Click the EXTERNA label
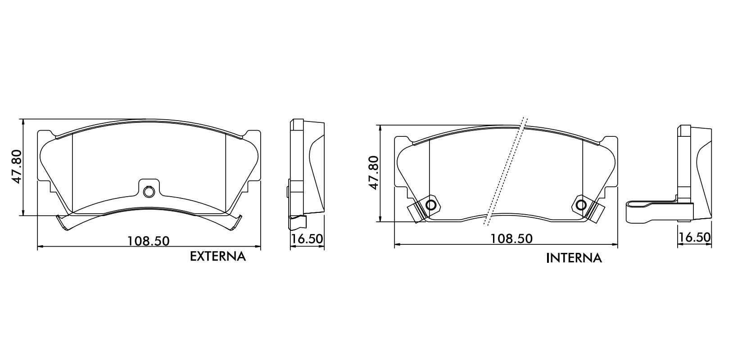tap(217, 256)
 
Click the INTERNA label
tap(574, 258)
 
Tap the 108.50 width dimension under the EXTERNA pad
tap(148, 241)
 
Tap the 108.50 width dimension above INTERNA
tap(511, 238)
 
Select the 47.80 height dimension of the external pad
tap(16, 166)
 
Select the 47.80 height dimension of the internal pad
tap(373, 173)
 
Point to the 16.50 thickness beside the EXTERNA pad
tap(307, 238)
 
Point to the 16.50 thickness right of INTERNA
tap(694, 238)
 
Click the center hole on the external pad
tap(149, 192)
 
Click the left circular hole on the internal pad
tap(430, 205)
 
